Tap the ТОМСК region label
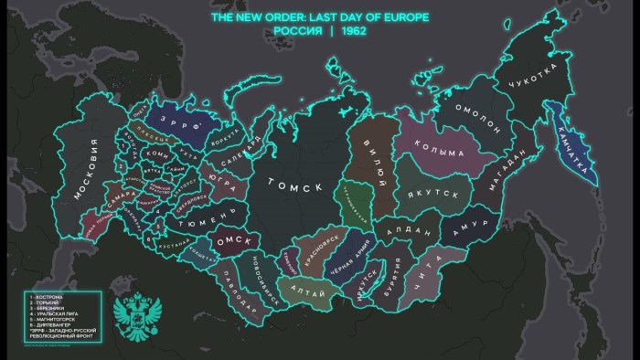pyautogui.click(x=294, y=186)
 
